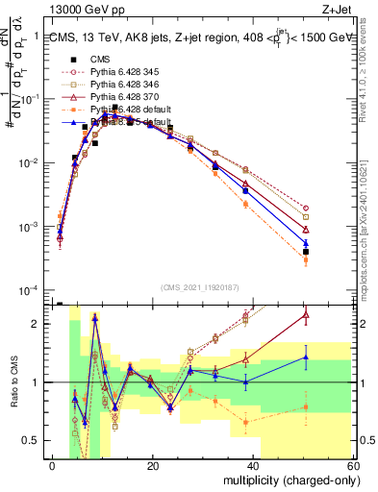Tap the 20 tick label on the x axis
click(153, 465)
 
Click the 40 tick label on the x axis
click(254, 465)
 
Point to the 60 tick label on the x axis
click(354, 465)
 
